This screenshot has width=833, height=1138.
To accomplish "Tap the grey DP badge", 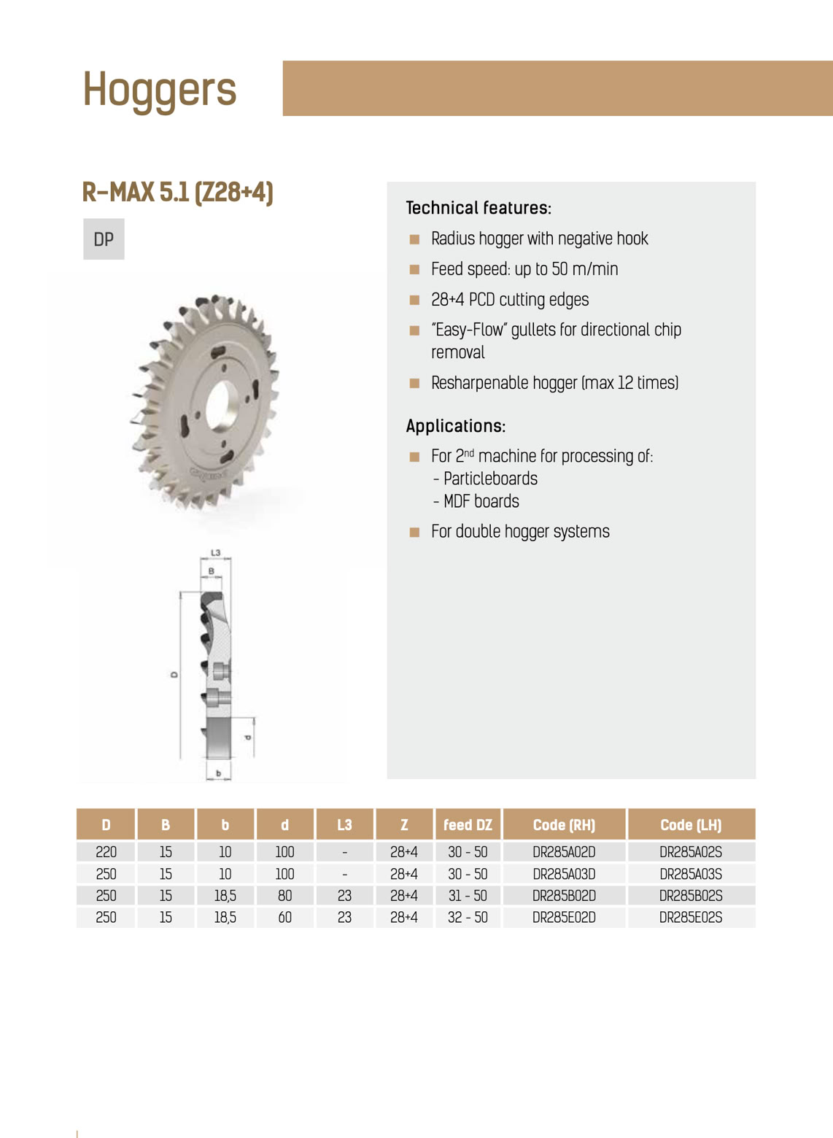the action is click(104, 239).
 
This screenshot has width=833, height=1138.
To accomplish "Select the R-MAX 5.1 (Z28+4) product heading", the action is click(178, 193).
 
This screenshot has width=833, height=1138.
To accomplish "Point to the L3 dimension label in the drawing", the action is click(215, 553).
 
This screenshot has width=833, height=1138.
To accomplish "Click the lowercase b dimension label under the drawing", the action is click(218, 773).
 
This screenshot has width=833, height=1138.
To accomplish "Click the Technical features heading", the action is click(479, 208).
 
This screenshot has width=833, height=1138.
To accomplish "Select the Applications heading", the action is click(456, 426).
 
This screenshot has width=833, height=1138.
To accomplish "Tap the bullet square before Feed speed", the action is click(414, 269).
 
